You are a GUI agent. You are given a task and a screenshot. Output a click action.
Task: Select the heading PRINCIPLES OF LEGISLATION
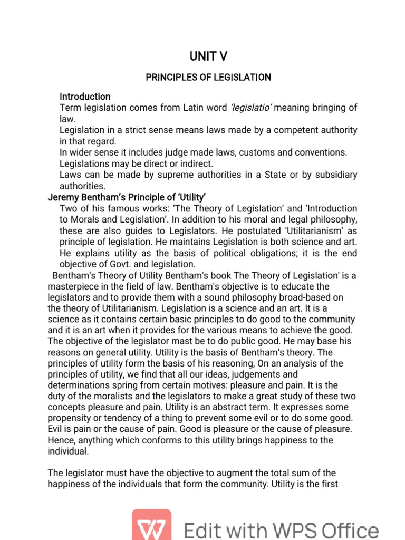coord(208,78)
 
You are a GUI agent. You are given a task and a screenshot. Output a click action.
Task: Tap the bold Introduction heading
coord(85,97)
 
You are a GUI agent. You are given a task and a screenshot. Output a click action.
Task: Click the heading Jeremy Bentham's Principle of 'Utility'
coord(119,198)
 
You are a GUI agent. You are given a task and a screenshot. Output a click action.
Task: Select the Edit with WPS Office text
coord(281,529)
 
